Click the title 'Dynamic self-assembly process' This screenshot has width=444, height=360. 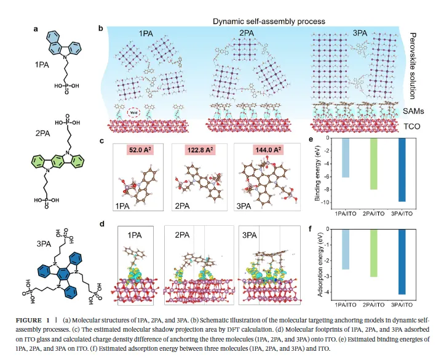(x=269, y=22)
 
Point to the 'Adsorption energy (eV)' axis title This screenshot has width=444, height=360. (x=319, y=263)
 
